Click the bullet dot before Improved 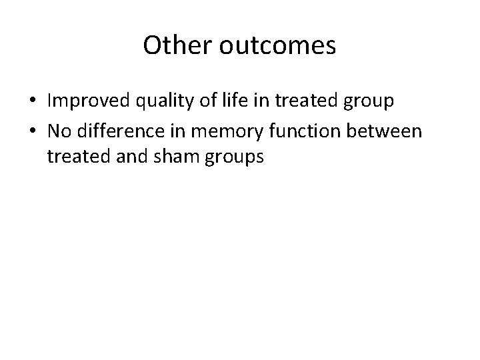coord(32,103)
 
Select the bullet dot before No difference coord(32,131)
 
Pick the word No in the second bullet coord(58,131)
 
